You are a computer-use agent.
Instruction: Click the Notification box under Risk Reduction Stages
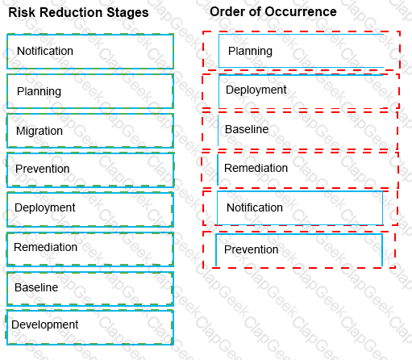point(90,51)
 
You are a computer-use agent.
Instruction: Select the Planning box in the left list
point(90,91)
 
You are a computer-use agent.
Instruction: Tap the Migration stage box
point(90,131)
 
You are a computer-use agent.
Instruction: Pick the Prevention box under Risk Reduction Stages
point(90,170)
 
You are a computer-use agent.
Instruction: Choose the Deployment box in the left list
point(90,209)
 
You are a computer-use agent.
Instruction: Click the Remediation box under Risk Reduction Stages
point(90,249)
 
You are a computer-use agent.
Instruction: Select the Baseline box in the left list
point(90,289)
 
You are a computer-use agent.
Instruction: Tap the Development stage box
point(89,328)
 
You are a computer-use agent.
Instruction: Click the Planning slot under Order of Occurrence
point(302,51)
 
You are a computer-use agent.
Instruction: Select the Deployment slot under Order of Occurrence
point(301,91)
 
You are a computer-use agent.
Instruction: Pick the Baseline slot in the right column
point(300,130)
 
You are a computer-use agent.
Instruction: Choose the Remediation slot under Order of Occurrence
point(300,170)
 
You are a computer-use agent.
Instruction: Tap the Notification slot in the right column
point(300,208)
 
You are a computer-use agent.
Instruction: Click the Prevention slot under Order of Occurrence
point(299,249)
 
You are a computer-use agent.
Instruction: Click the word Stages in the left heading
point(127,13)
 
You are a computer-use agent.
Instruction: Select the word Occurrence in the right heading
point(301,12)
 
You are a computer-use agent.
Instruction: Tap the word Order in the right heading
point(229,12)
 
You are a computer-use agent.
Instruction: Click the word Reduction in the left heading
point(71,13)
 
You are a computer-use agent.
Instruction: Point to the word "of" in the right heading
point(256,12)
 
